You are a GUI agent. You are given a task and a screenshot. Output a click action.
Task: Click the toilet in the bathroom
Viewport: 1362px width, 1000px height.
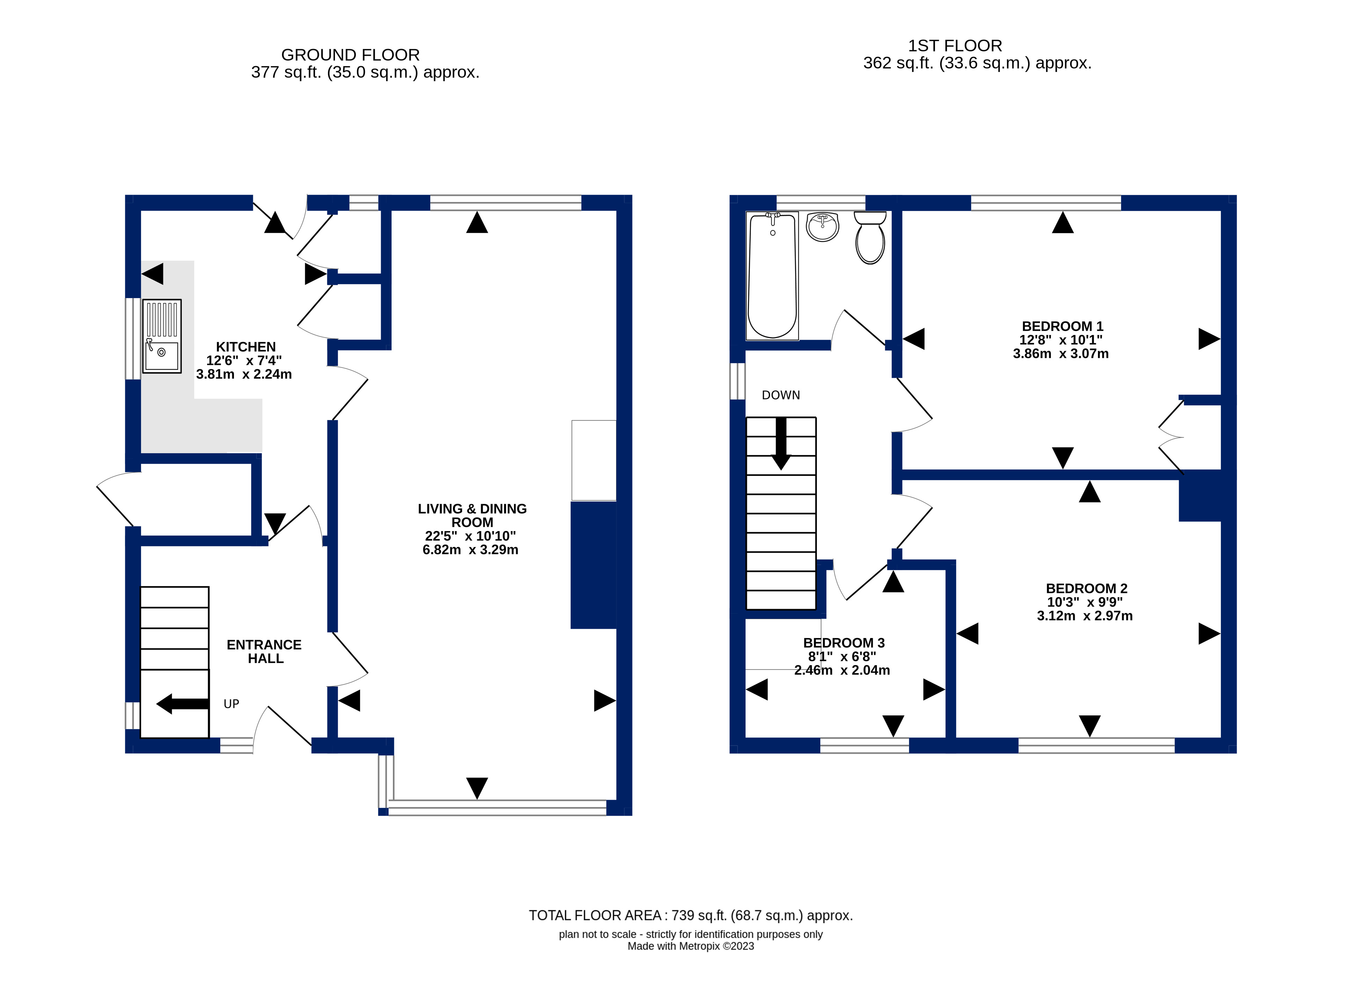(x=870, y=238)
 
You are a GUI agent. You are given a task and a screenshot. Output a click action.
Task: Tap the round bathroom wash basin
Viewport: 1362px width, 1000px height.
(x=822, y=227)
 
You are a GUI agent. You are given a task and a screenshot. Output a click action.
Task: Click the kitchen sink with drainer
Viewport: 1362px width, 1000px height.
(x=162, y=336)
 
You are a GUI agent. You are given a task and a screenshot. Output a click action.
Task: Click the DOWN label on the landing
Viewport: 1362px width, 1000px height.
(x=781, y=395)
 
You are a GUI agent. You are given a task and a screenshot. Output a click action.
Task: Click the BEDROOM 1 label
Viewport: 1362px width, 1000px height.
(x=1062, y=326)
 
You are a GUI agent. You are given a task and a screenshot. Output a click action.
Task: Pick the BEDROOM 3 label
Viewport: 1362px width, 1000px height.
(x=843, y=643)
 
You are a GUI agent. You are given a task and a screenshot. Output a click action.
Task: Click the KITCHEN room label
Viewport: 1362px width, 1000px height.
(x=246, y=347)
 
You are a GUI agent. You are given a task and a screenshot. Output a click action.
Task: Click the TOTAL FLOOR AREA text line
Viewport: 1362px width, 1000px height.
(x=690, y=915)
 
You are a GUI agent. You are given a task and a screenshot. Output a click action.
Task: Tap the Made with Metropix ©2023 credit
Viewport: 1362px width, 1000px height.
(x=690, y=946)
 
